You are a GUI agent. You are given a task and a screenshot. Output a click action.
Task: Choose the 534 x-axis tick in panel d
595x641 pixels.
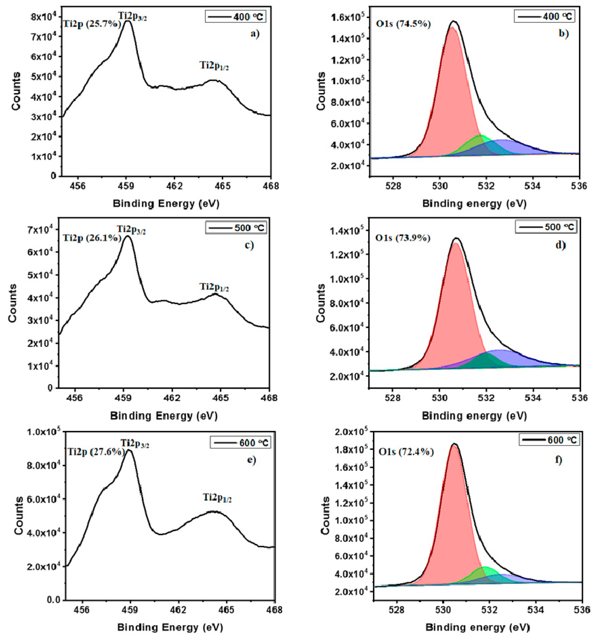(x=534, y=398)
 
